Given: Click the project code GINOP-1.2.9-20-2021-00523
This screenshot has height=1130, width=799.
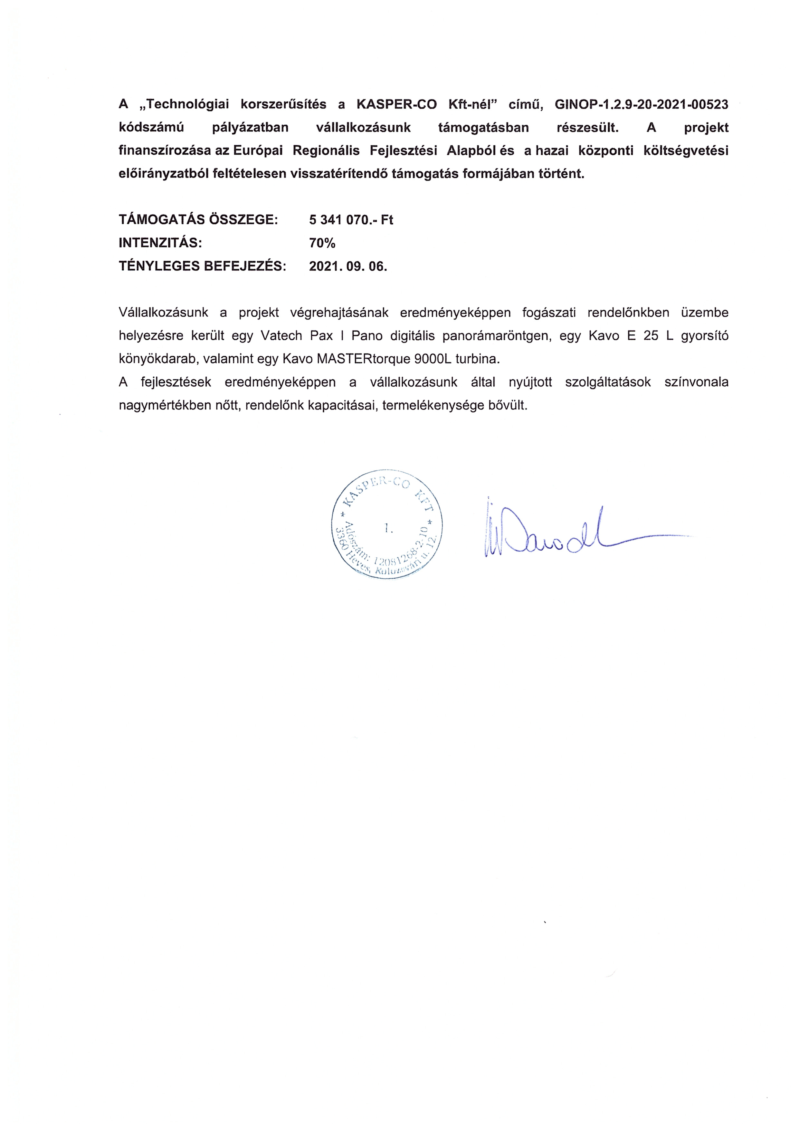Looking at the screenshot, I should (641, 104).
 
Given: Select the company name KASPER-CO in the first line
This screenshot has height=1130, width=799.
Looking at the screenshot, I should (396, 104).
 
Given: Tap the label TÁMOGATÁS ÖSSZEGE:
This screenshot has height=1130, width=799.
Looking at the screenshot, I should (198, 219).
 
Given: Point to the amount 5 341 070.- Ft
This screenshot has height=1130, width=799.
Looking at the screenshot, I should (351, 219).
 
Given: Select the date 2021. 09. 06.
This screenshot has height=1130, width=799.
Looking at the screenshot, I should (348, 266).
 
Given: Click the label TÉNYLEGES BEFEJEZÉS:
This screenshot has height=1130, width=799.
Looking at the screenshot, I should (202, 266).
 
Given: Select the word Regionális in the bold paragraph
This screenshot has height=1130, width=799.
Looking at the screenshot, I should (326, 150).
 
